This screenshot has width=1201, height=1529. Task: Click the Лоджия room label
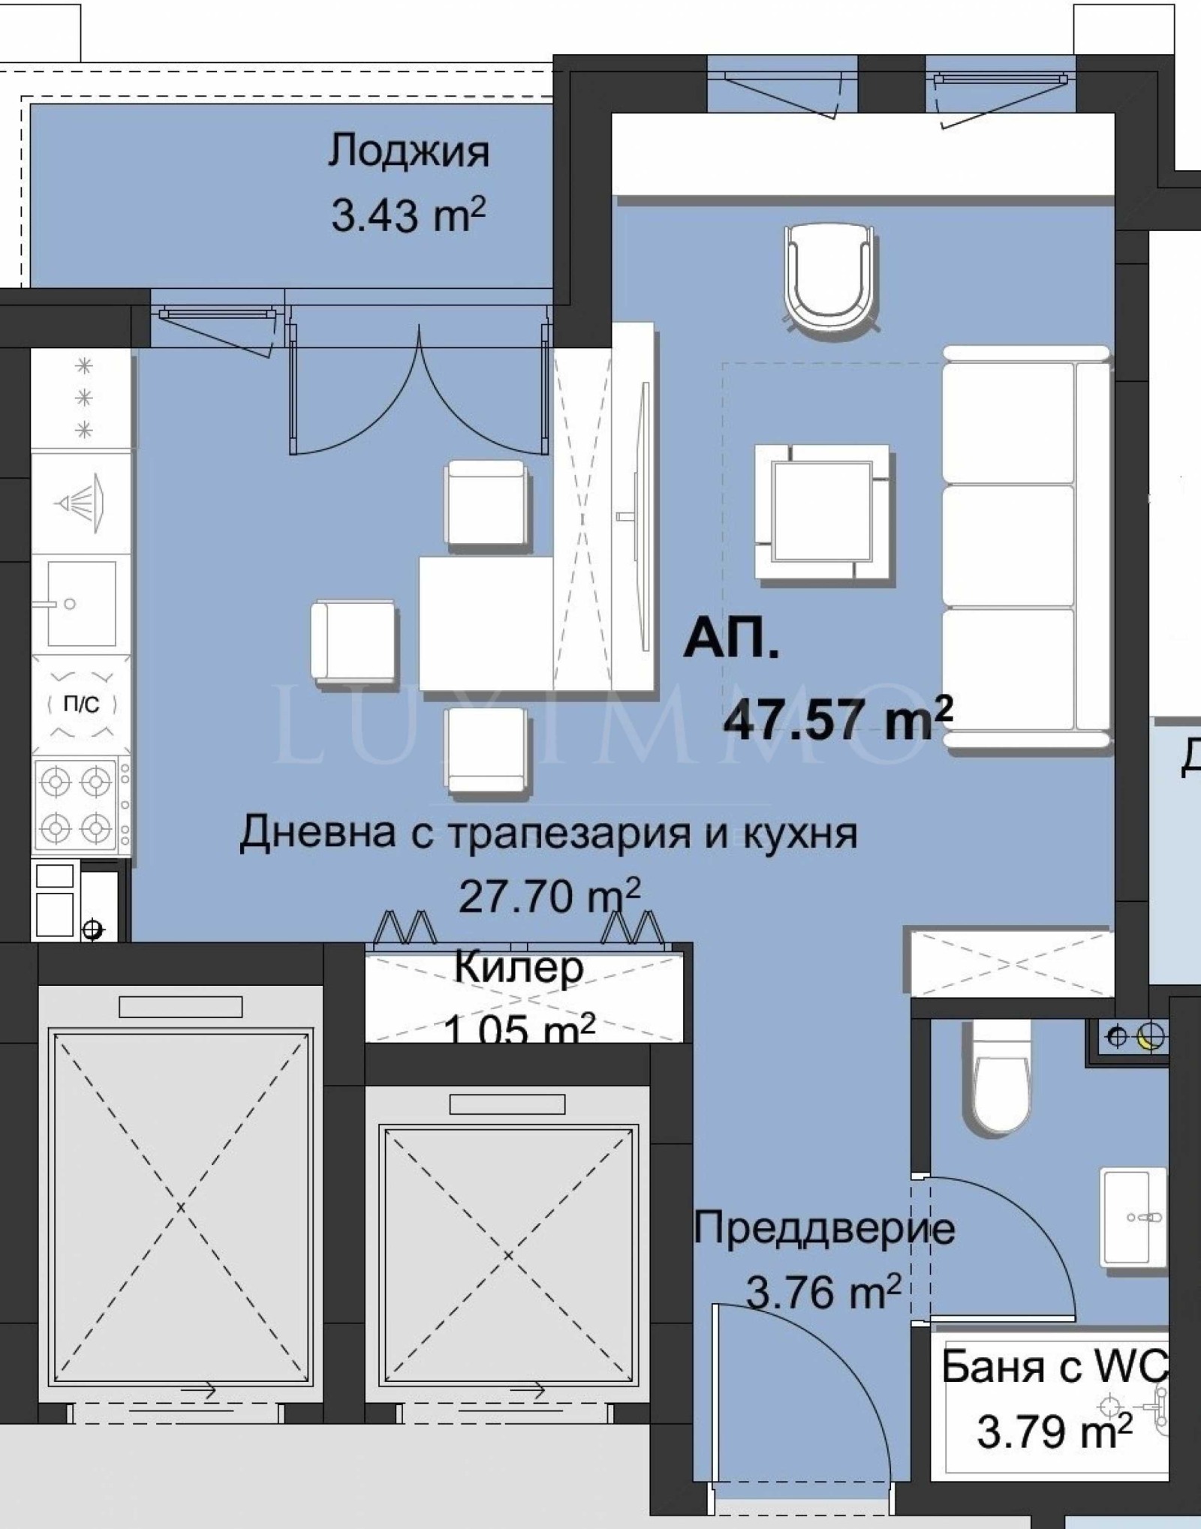tap(408, 153)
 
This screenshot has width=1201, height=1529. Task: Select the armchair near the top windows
tap(829, 277)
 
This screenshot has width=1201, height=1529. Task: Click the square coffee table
tap(823, 512)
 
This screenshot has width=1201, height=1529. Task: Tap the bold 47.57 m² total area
tap(837, 718)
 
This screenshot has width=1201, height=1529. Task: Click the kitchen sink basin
tap(81, 603)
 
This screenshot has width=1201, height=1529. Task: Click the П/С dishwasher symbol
tap(81, 704)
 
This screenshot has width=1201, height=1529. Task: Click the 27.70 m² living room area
tap(549, 896)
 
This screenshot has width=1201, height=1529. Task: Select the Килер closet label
tap(519, 969)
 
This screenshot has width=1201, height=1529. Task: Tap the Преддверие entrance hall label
tap(823, 1229)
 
